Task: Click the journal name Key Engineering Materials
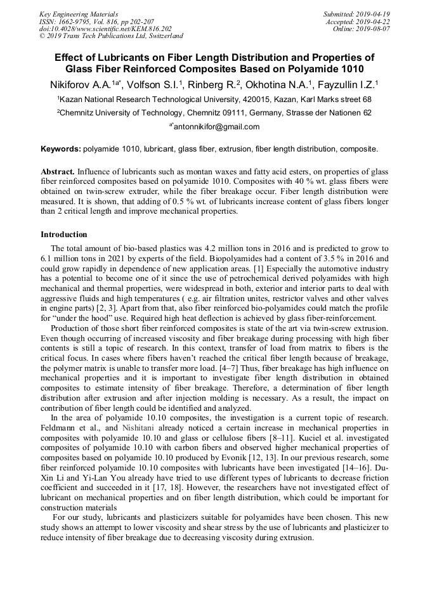[79, 14]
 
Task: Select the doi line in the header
[105, 29]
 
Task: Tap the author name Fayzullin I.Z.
[346, 84]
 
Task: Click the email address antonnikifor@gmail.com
[216, 126]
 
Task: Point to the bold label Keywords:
[61, 150]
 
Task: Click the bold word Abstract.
[58, 172]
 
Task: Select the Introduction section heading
[64, 235]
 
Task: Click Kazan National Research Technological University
[150, 100]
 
